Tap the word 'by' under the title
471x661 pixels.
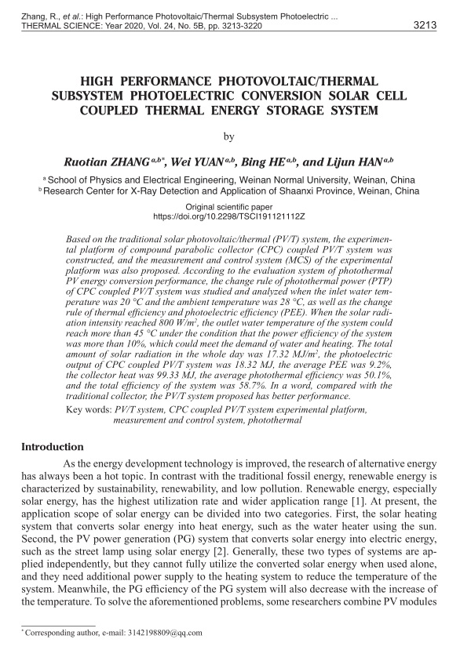[229, 136]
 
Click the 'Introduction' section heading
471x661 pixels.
[53, 447]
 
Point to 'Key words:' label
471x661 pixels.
[89, 409]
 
